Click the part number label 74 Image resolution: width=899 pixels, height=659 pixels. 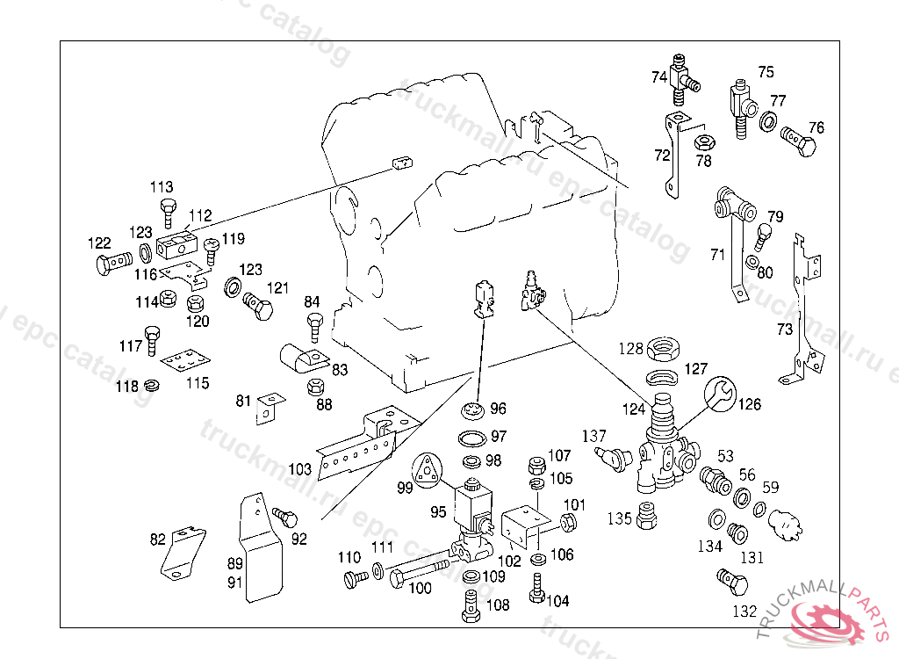659,77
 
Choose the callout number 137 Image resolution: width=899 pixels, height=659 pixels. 594,436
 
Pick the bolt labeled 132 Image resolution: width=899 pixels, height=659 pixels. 731,582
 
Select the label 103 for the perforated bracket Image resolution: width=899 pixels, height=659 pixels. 300,468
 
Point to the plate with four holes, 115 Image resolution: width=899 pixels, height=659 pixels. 186,361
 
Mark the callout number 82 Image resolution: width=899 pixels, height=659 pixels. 157,540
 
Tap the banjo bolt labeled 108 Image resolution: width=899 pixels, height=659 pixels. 470,605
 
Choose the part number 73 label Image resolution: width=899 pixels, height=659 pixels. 784,329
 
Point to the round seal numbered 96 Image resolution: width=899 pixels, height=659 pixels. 473,411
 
